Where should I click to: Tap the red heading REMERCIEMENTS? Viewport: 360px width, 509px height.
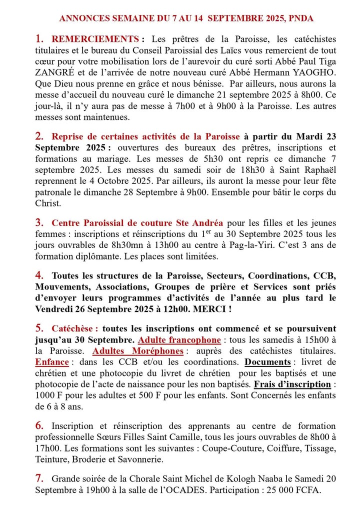[x=95, y=39]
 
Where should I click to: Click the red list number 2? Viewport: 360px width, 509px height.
[x=39, y=136]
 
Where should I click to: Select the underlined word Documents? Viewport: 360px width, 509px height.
[x=267, y=362]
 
